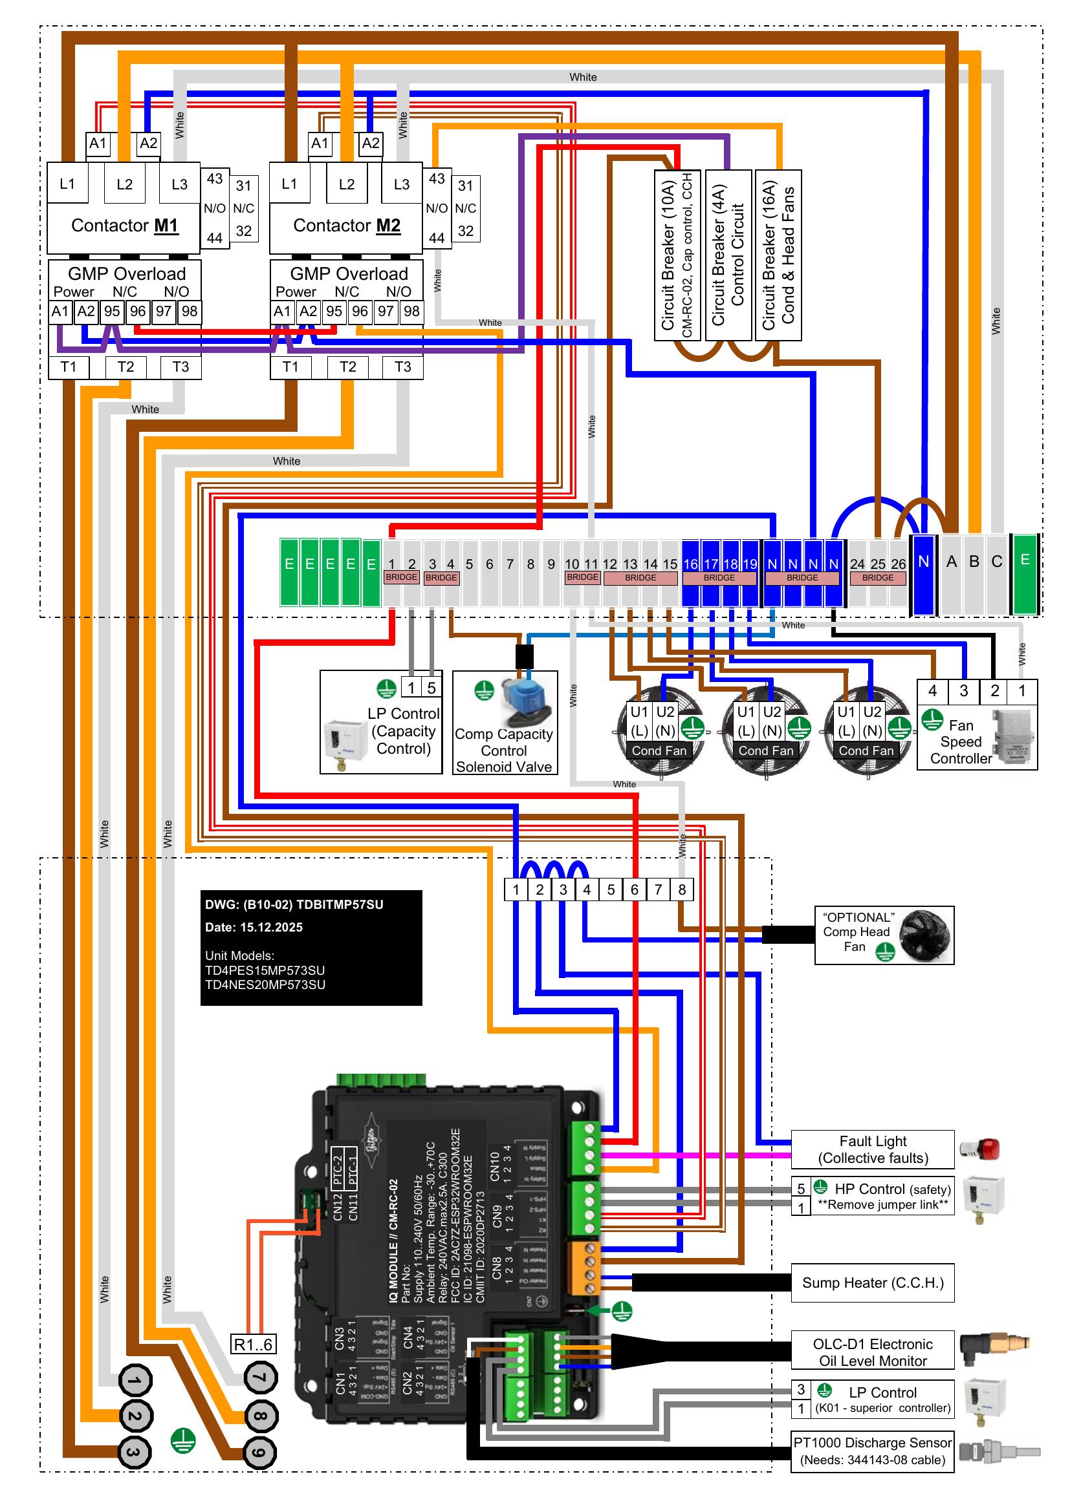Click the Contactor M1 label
pyautogui.click(x=124, y=226)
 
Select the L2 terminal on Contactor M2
pyautogui.click(x=347, y=184)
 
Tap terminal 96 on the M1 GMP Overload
pyautogui.click(x=138, y=312)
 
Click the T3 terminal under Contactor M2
pyautogui.click(x=402, y=367)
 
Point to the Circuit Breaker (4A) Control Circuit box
pyautogui.click(x=728, y=255)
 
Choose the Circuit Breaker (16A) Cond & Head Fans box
pyautogui.click(x=778, y=255)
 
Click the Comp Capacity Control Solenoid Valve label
pyautogui.click(x=504, y=751)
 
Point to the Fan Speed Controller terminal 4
pyautogui.click(x=932, y=691)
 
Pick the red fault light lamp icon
pyautogui.click(x=982, y=1149)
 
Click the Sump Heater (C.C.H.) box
pyautogui.click(x=872, y=1283)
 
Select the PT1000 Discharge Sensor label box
pyautogui.click(x=872, y=1451)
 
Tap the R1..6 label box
pyautogui.click(x=254, y=1344)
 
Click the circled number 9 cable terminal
pyautogui.click(x=260, y=1453)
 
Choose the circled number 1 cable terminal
pyautogui.click(x=135, y=1381)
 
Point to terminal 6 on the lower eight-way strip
pyautogui.click(x=635, y=889)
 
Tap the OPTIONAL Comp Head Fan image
pyautogui.click(x=925, y=935)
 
